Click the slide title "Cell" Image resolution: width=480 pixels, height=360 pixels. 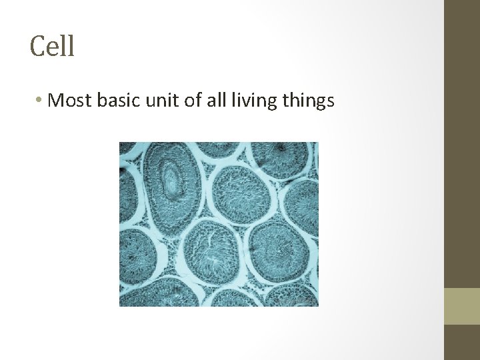point(52,47)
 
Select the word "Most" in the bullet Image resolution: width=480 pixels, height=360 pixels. point(71,101)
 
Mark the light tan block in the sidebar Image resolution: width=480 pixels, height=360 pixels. point(461,306)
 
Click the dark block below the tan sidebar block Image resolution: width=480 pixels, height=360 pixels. point(461,342)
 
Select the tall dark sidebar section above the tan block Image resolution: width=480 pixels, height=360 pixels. point(461,143)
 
